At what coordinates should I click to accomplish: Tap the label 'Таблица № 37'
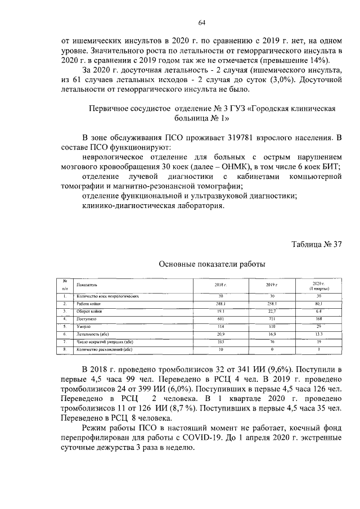[317, 244]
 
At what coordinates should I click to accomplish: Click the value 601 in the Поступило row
[220, 319]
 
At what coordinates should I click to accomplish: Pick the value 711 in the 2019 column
[273, 319]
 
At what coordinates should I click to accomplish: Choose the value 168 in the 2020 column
[319, 319]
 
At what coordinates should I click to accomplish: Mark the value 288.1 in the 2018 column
[220, 303]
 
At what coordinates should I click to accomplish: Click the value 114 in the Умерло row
[220, 326]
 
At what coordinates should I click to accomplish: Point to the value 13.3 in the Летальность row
[319, 334]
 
